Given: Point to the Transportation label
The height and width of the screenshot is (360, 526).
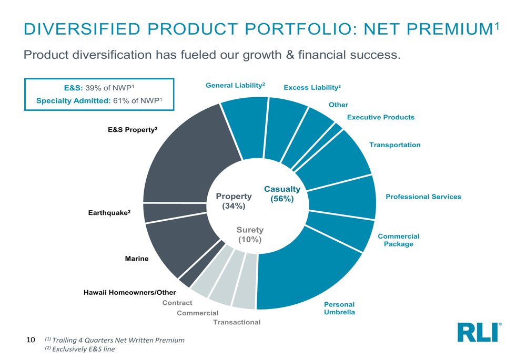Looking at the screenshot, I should (394, 145).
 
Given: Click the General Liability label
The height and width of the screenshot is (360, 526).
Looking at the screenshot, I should (235, 85).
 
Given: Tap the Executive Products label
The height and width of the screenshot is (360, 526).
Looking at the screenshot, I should (380, 117).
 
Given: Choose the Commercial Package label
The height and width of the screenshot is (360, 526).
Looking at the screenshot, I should (398, 240).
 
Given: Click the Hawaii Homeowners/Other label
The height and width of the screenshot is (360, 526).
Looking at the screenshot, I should (130, 292).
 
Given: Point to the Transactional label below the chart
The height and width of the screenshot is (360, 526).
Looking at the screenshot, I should (237, 322).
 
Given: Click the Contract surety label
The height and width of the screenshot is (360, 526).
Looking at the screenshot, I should (177, 303).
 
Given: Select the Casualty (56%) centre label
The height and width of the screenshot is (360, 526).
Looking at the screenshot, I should (282, 194).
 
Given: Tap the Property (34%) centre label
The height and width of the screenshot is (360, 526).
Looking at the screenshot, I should (234, 201).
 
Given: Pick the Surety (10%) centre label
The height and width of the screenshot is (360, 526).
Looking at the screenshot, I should (250, 235).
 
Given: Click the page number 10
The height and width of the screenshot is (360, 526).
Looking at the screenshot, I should (31, 340).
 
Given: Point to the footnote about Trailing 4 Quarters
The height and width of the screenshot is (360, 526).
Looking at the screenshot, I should (115, 340).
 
